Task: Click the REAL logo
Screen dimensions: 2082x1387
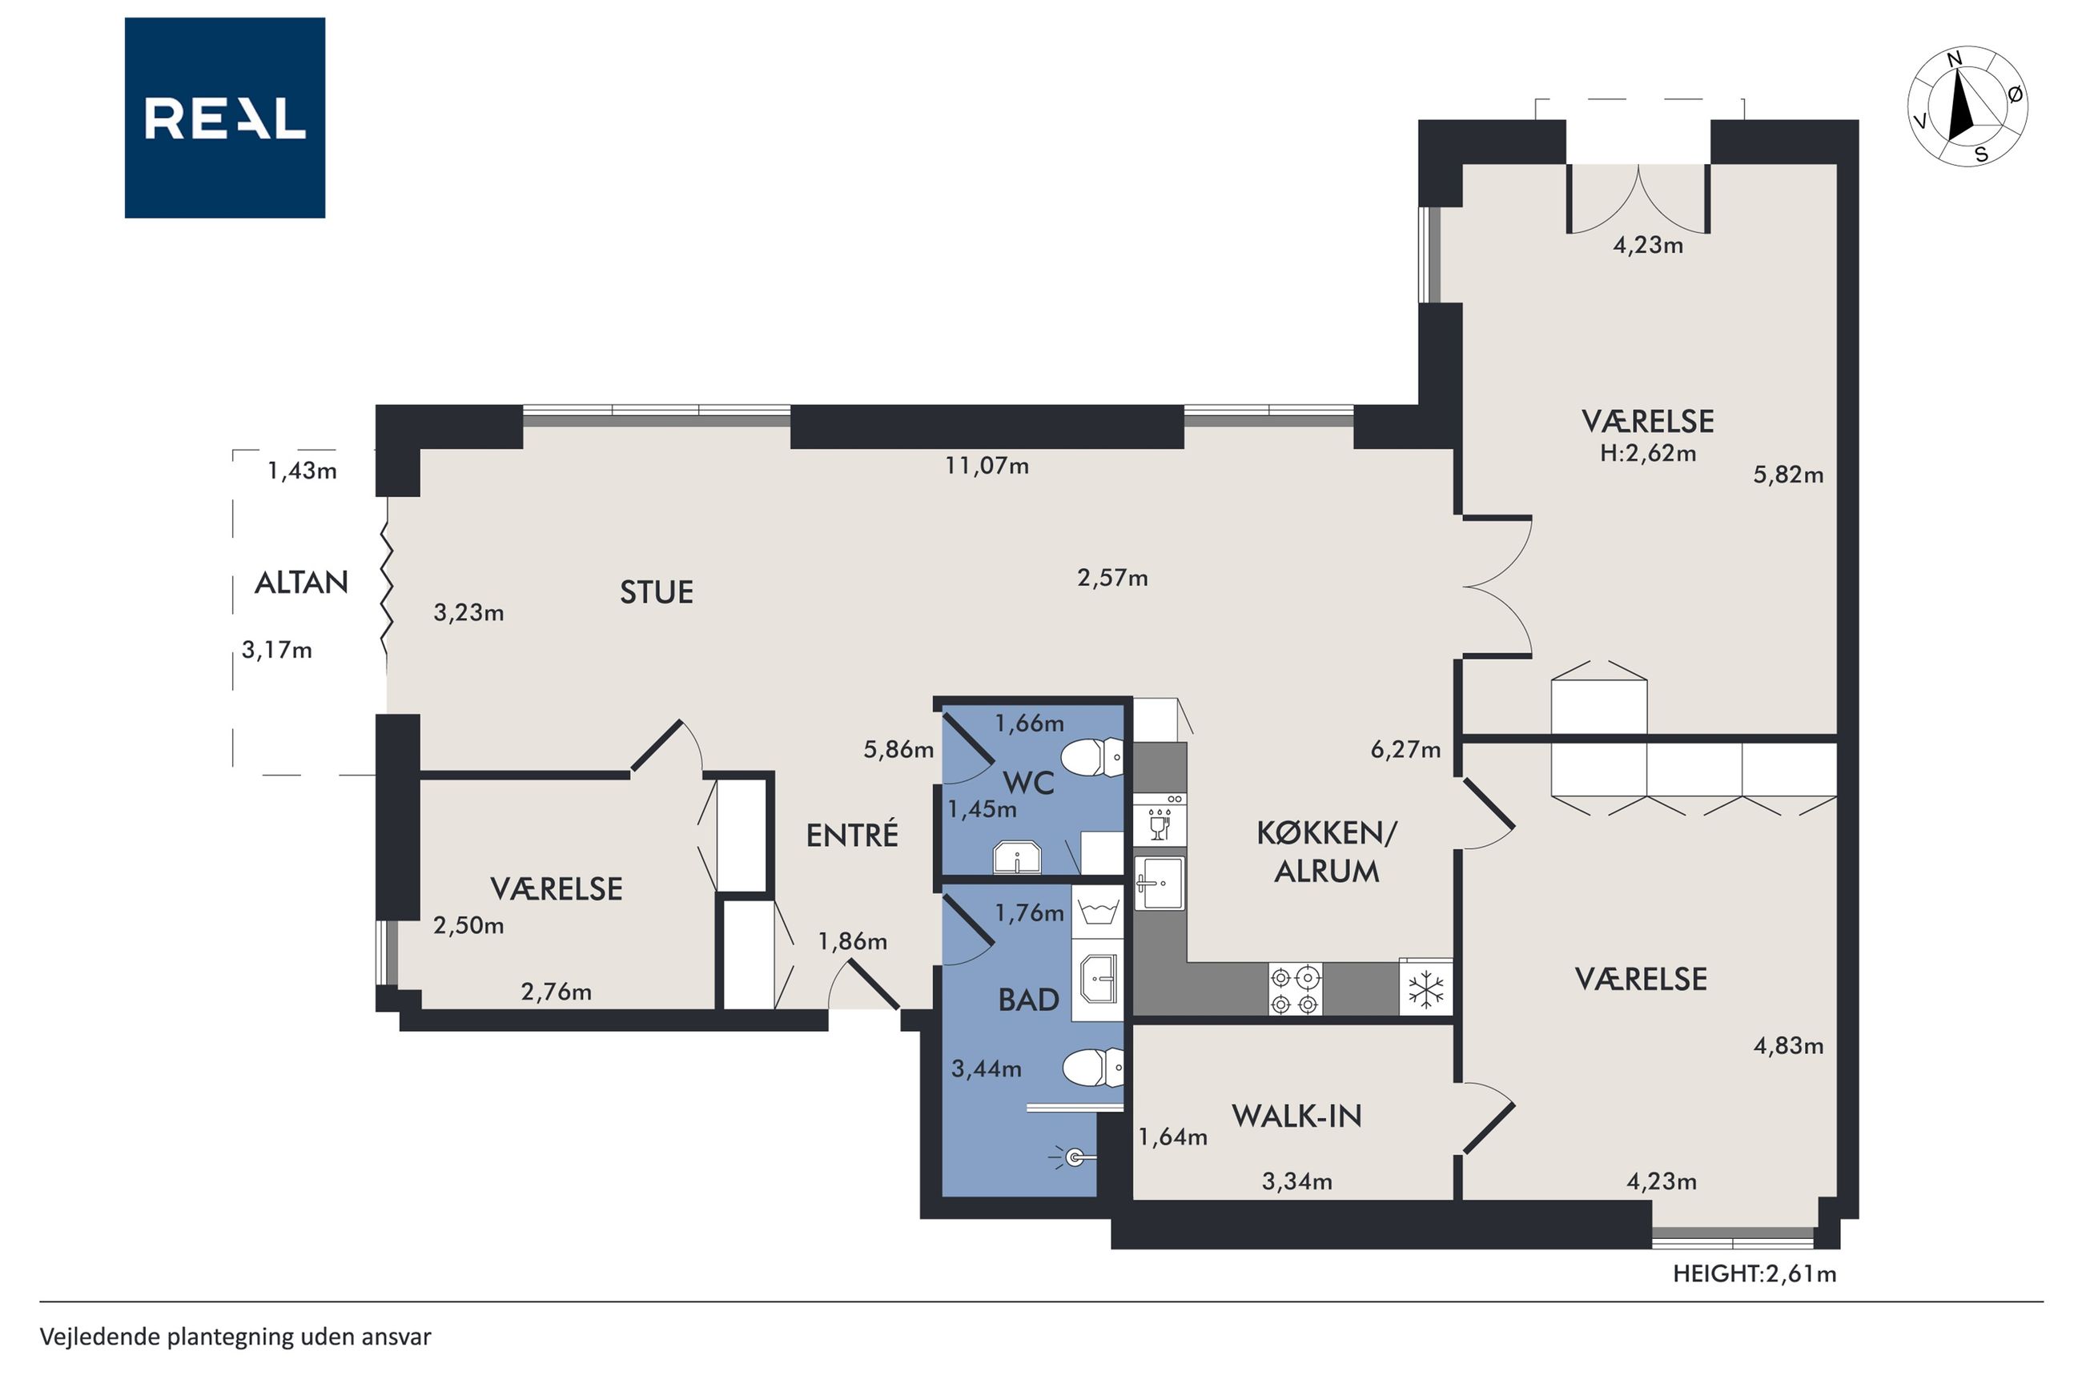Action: pyautogui.click(x=225, y=118)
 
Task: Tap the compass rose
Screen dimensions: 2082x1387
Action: pyautogui.click(x=1967, y=106)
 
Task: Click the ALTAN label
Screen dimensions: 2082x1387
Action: pyautogui.click(x=301, y=582)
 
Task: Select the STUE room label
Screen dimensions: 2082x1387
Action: pyautogui.click(x=656, y=591)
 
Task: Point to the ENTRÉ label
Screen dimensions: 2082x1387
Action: pyautogui.click(x=852, y=834)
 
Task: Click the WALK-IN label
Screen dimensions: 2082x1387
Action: pyautogui.click(x=1296, y=1116)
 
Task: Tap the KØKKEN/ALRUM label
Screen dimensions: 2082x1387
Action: pyautogui.click(x=1326, y=852)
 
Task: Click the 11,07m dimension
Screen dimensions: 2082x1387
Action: pyautogui.click(x=987, y=465)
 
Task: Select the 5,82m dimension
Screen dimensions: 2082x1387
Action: pyautogui.click(x=1788, y=475)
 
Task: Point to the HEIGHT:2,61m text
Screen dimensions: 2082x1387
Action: pyautogui.click(x=1754, y=1274)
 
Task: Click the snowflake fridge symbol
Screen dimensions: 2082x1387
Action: pyautogui.click(x=1425, y=988)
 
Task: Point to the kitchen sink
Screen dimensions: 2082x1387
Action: pyautogui.click(x=1160, y=883)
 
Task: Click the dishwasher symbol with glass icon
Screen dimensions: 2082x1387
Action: pyautogui.click(x=1160, y=820)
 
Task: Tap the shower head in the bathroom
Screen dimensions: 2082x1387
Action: pyautogui.click(x=1073, y=1157)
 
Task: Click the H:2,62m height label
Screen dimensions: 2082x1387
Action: pyautogui.click(x=1647, y=454)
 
